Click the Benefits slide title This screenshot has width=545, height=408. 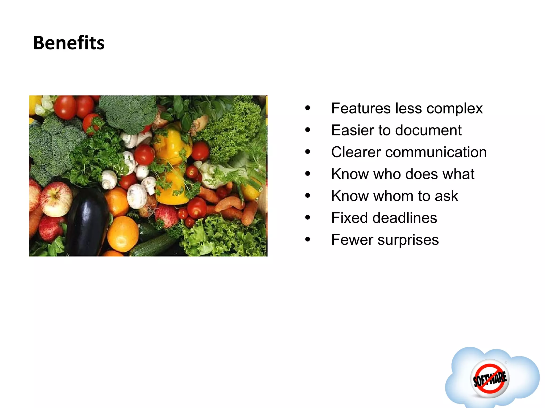click(x=69, y=43)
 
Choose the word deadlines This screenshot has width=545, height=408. click(x=405, y=218)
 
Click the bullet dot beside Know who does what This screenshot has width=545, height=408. click(x=308, y=174)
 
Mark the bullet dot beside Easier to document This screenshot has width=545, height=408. click(x=308, y=130)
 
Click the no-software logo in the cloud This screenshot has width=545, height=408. click(x=490, y=379)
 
